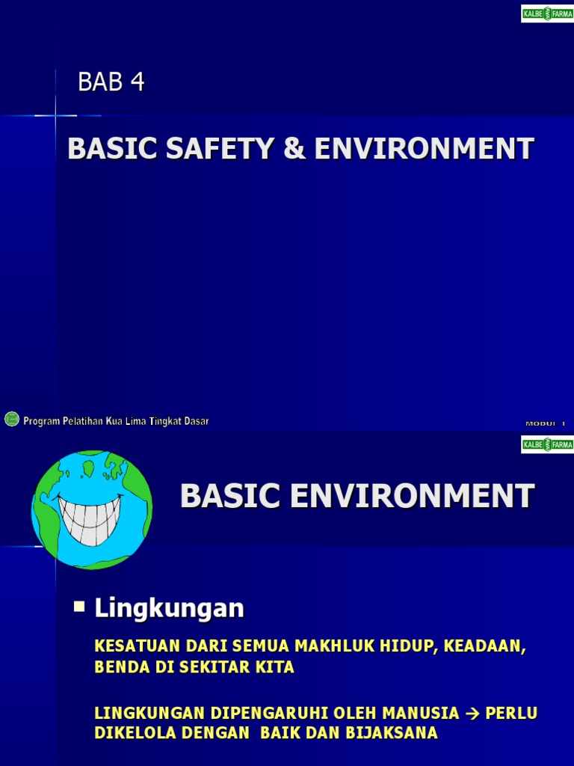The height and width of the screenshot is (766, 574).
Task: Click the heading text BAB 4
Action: point(111,82)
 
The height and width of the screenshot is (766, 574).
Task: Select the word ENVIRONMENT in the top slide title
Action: point(424,149)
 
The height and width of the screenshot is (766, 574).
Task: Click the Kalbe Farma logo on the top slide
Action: point(547,13)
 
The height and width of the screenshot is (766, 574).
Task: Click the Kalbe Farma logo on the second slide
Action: point(547,444)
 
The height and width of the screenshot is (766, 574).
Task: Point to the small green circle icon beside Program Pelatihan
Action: point(11,420)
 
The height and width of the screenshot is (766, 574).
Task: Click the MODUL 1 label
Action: point(546,423)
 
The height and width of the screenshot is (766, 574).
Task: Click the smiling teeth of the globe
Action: point(91,512)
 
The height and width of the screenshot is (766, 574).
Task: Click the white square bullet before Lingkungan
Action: point(79,606)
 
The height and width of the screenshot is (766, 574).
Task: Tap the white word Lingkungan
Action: point(169,609)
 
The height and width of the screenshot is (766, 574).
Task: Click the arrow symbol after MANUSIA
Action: point(472,713)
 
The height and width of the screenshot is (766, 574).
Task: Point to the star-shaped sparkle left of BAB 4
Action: point(56,116)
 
